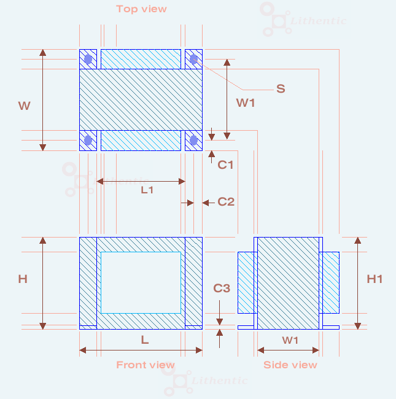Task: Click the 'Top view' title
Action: click(x=141, y=9)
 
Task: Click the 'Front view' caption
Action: click(x=146, y=365)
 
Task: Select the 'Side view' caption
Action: click(x=290, y=365)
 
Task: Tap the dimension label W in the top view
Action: click(x=24, y=106)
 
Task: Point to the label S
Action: click(x=281, y=88)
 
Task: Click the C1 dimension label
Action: click(x=226, y=165)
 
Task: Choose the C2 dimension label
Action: click(x=226, y=201)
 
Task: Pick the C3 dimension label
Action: click(x=222, y=288)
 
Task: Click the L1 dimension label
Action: click(x=147, y=190)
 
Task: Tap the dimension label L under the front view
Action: click(x=145, y=339)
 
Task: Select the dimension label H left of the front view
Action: click(x=23, y=279)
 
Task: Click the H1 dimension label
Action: click(x=375, y=279)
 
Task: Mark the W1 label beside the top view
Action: click(x=246, y=103)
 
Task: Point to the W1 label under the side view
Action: click(x=290, y=339)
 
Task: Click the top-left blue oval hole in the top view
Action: click(x=88, y=60)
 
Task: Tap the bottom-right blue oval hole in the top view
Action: click(x=194, y=141)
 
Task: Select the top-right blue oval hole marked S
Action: click(x=194, y=59)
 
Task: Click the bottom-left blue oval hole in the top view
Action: click(x=88, y=141)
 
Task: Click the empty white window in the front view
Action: click(x=141, y=282)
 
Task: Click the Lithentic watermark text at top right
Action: click(x=319, y=21)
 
